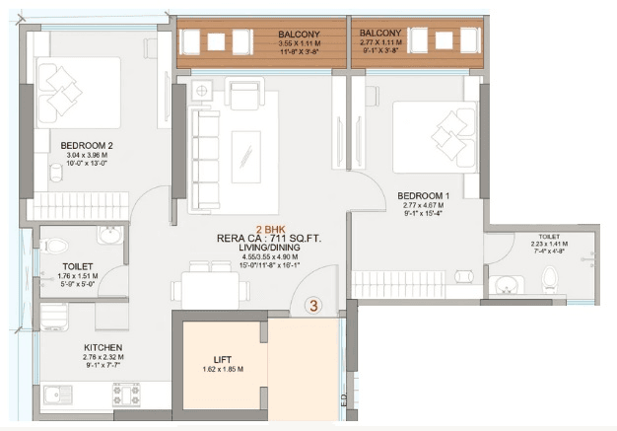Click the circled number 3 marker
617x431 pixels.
[313, 306]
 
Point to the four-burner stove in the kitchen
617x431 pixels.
[125, 393]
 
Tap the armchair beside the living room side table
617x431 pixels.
[244, 94]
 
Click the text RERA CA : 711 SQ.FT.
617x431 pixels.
[269, 238]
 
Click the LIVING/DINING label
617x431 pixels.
[269, 249]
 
